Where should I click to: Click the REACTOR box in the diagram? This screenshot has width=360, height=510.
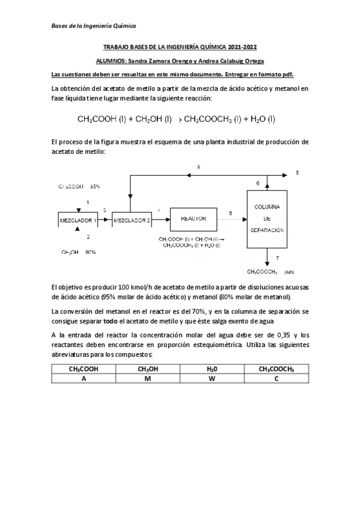(x=190, y=220)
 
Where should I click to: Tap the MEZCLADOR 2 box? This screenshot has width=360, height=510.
(x=132, y=220)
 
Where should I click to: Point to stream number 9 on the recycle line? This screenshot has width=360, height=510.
(x=199, y=165)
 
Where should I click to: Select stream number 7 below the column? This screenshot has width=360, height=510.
(x=276, y=257)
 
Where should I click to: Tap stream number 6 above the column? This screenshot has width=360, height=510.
(x=258, y=182)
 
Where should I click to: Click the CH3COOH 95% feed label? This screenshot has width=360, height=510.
(x=79, y=187)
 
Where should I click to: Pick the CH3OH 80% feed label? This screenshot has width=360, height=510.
(x=79, y=252)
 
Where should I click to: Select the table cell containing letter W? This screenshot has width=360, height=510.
(x=212, y=378)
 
